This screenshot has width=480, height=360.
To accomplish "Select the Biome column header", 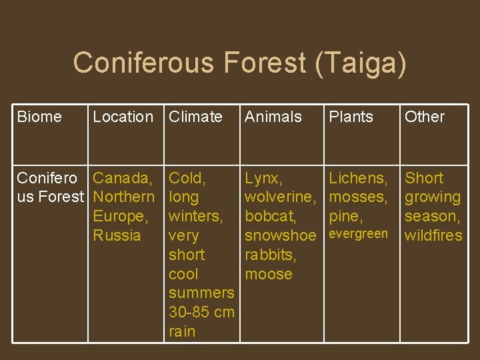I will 39,117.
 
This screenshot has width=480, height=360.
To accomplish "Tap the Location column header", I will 123,117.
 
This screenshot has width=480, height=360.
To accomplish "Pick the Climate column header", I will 195,117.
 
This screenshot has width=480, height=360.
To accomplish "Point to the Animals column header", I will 273,117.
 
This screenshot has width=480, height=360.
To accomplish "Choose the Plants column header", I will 351,117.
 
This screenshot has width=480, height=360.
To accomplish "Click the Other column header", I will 425,117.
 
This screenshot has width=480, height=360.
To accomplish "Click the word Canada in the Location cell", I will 121,178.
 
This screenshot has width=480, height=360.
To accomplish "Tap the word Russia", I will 117,235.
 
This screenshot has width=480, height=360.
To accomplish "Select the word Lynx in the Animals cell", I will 262,178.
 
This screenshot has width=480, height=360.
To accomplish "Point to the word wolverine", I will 279,197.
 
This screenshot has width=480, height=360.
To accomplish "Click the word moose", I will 269,274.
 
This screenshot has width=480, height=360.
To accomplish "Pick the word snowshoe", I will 280,235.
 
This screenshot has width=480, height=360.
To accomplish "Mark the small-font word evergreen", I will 359,234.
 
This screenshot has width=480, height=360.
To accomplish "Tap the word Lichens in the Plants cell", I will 357,178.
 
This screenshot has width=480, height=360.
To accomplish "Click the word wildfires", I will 433,235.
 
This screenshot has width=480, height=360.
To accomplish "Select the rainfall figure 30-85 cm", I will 201,312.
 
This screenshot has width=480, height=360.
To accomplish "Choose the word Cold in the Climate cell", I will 186,178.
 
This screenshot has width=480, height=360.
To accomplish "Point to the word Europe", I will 119,217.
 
